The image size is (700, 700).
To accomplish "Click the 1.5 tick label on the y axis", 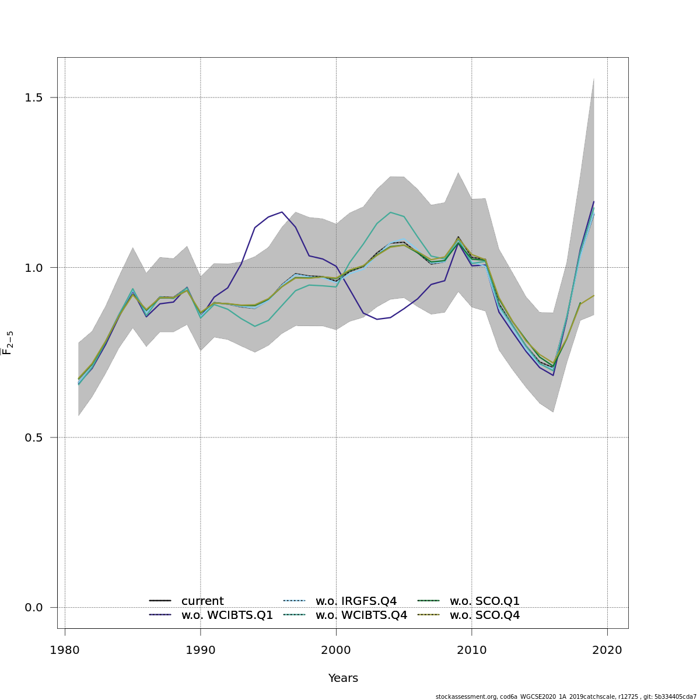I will (x=34, y=97).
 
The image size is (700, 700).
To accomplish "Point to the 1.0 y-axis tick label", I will (x=34, y=268).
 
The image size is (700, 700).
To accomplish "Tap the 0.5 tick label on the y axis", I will (x=34, y=437).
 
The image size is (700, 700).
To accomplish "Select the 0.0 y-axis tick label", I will (x=34, y=608).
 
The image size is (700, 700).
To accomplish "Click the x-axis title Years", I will (x=343, y=678).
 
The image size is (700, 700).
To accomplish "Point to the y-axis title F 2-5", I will (x=8, y=343).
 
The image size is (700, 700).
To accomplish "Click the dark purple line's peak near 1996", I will (x=282, y=212).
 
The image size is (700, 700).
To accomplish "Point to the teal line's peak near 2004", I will (x=390, y=212).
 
